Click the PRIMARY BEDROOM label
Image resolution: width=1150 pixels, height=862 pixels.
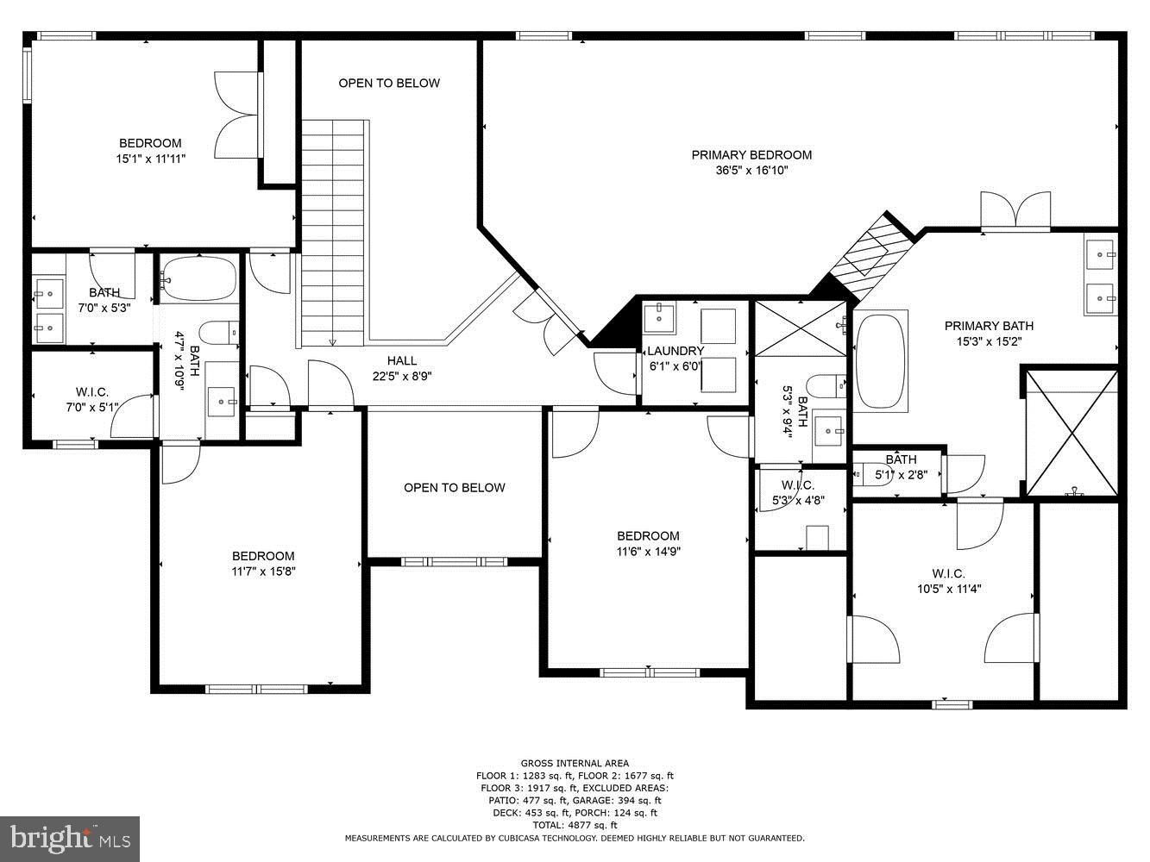(751, 155)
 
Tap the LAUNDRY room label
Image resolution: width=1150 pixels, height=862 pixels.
(676, 351)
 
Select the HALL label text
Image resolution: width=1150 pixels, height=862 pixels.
(401, 361)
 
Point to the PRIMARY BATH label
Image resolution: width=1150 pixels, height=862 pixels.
(989, 326)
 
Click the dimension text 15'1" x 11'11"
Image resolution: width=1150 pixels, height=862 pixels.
(151, 159)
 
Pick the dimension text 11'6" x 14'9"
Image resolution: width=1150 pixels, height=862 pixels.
(648, 552)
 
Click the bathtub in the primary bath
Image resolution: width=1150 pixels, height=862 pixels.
(880, 362)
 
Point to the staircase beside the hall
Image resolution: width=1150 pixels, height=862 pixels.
(333, 233)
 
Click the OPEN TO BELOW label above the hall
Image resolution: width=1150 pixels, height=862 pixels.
(389, 83)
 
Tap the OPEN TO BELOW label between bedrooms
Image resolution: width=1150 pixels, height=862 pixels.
(454, 488)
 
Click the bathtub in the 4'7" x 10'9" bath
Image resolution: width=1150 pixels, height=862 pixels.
(199, 278)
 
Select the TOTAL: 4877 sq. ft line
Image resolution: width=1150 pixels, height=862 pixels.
(575, 825)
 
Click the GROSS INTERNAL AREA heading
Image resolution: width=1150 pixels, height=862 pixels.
(575, 763)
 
